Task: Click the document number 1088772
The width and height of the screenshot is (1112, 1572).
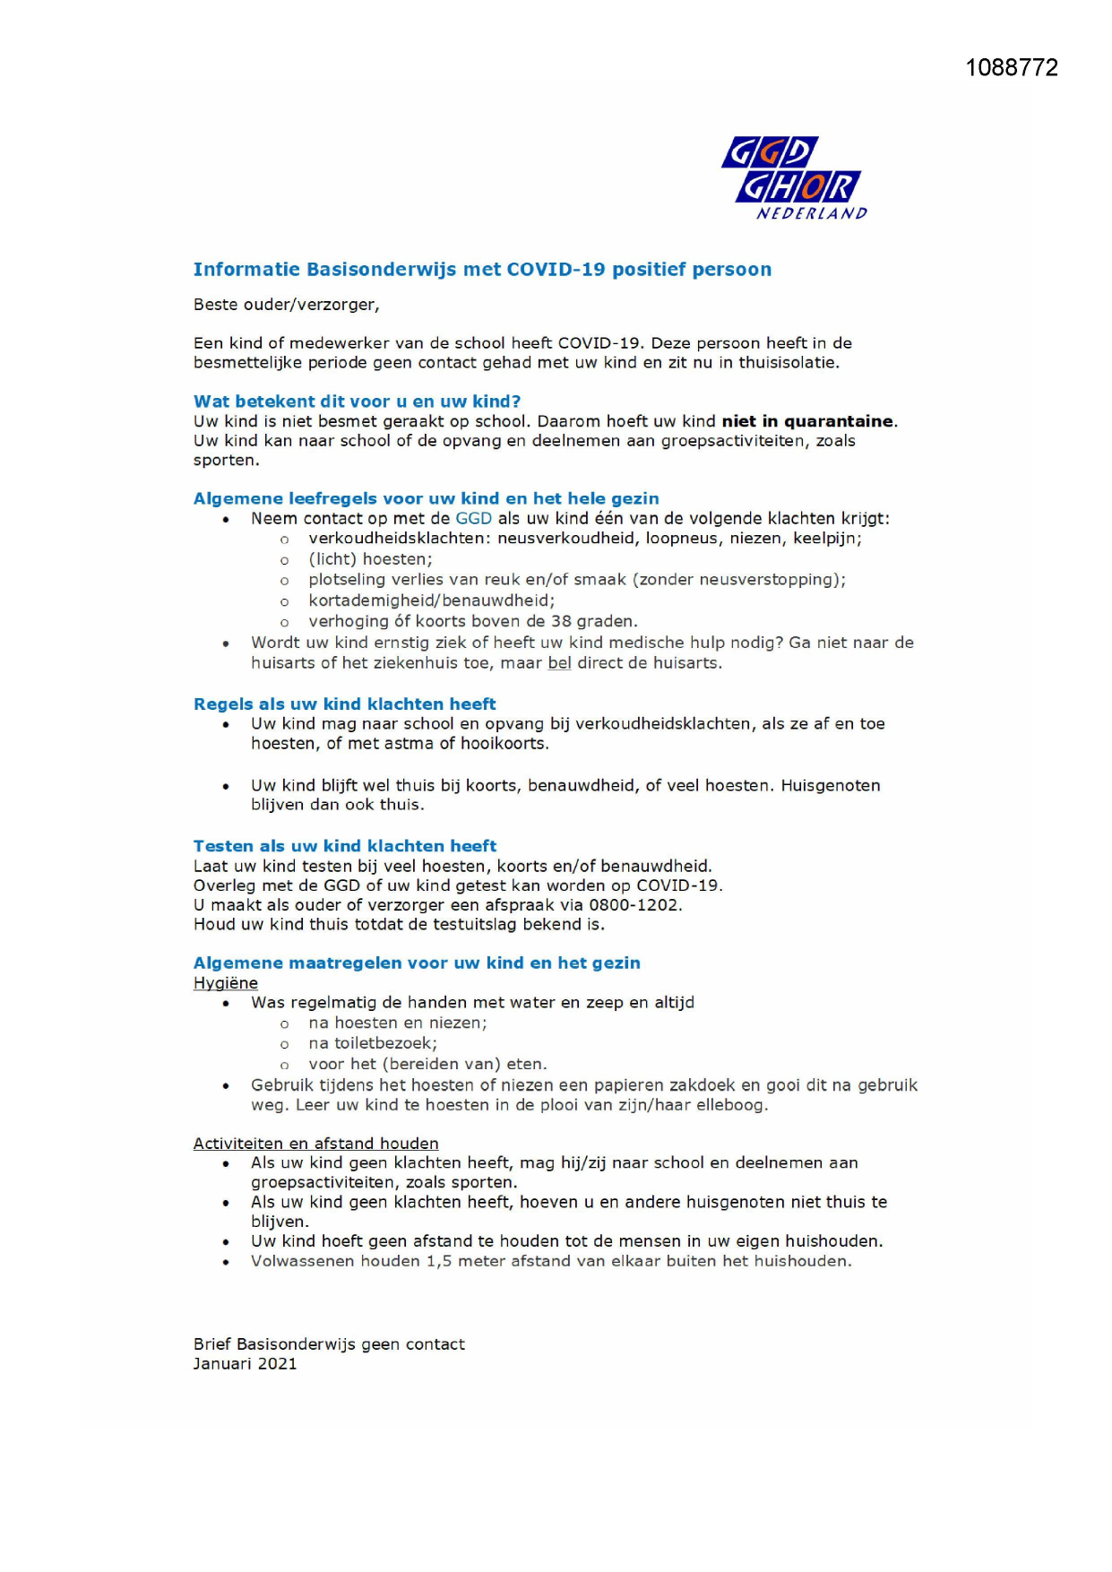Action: pyautogui.click(x=1012, y=68)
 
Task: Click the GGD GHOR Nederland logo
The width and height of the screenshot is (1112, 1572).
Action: pyautogui.click(x=793, y=177)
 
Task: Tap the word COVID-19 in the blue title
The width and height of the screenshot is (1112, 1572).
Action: pyautogui.click(x=556, y=270)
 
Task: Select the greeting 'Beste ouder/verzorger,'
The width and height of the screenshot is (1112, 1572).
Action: pyautogui.click(x=287, y=305)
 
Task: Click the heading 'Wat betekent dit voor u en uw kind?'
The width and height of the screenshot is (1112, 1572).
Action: pyautogui.click(x=357, y=402)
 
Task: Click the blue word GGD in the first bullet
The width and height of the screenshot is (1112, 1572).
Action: pyautogui.click(x=474, y=519)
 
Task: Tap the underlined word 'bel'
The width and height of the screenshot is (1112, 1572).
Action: pyautogui.click(x=559, y=663)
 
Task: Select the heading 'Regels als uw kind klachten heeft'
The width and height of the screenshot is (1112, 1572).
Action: pyautogui.click(x=344, y=704)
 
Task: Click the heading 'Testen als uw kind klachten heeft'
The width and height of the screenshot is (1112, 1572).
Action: pyautogui.click(x=344, y=846)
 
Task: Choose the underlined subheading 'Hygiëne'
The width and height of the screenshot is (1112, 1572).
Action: pyautogui.click(x=226, y=983)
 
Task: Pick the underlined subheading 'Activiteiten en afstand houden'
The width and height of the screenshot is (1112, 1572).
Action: pyautogui.click(x=315, y=1144)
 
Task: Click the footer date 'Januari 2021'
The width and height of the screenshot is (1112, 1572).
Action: pyautogui.click(x=245, y=1364)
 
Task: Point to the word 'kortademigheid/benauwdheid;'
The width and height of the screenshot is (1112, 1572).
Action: pyautogui.click(x=431, y=600)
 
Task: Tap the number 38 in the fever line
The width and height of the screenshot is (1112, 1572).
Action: pyautogui.click(x=562, y=621)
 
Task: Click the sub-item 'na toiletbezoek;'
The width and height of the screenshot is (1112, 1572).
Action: pyautogui.click(x=373, y=1043)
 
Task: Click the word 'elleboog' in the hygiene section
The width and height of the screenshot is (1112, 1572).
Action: pyautogui.click(x=732, y=1105)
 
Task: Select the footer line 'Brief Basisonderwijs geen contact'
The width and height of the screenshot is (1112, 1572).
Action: pyautogui.click(x=329, y=1344)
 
